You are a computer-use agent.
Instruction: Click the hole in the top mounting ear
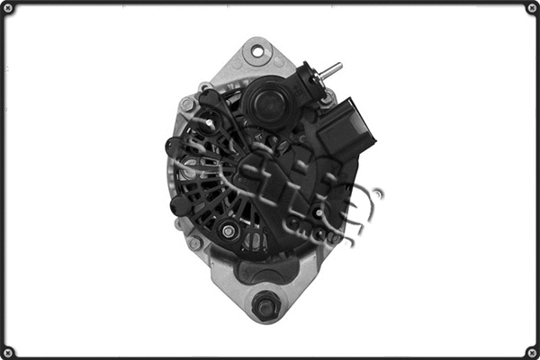tap(258, 51)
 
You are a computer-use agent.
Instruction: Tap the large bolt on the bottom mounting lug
tap(265, 306)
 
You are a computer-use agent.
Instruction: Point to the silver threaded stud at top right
tap(331, 68)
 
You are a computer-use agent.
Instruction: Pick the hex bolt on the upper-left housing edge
tap(187, 104)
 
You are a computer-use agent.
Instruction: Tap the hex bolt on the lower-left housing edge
tap(194, 243)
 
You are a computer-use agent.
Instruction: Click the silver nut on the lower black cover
tap(229, 231)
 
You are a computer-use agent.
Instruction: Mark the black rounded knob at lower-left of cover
tap(180, 204)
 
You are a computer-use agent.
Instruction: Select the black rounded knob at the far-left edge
tap(172, 147)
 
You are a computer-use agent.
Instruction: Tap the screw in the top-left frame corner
tap(8, 8)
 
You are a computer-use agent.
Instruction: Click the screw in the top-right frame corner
tap(531, 8)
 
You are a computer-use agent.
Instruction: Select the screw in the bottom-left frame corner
tap(8, 351)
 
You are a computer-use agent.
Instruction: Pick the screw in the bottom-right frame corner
tap(531, 351)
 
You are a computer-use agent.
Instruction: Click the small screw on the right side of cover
tap(319, 213)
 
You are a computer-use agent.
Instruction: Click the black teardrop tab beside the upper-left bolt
tap(207, 97)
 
